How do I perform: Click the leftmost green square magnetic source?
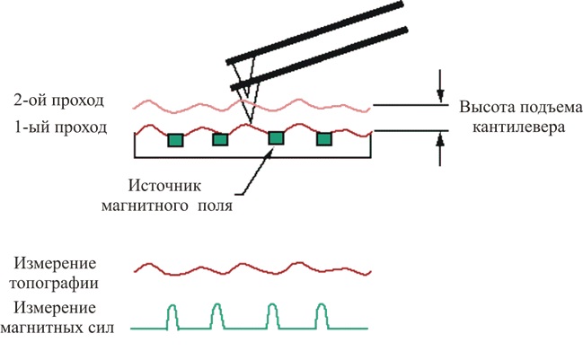176,140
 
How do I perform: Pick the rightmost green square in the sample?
322,139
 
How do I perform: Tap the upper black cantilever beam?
314,32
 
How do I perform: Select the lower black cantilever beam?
323,59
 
